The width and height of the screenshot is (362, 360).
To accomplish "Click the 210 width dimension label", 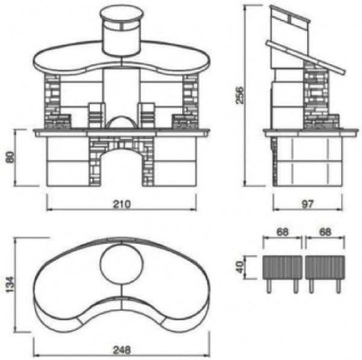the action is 122,204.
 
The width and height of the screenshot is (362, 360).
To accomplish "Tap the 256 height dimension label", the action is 239,95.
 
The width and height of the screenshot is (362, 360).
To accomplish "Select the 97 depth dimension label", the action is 308,204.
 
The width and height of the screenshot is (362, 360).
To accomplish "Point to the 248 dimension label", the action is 122,350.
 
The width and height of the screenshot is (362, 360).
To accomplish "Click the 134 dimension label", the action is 10,285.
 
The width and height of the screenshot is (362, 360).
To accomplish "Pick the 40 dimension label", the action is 240,267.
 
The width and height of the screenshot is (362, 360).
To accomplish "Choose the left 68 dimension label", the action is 282,232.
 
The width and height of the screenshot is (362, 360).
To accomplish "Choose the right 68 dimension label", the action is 325,232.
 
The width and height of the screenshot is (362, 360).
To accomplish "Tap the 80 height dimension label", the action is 10,157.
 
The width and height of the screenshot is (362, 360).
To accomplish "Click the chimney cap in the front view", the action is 122,15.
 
